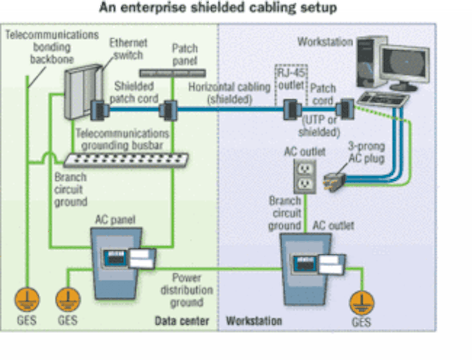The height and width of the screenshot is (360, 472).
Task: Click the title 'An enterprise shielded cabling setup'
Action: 218,8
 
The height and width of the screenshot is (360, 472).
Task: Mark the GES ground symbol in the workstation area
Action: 361,303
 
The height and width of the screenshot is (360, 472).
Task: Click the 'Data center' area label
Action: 182,320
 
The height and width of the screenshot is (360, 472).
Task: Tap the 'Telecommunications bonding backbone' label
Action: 52,47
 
